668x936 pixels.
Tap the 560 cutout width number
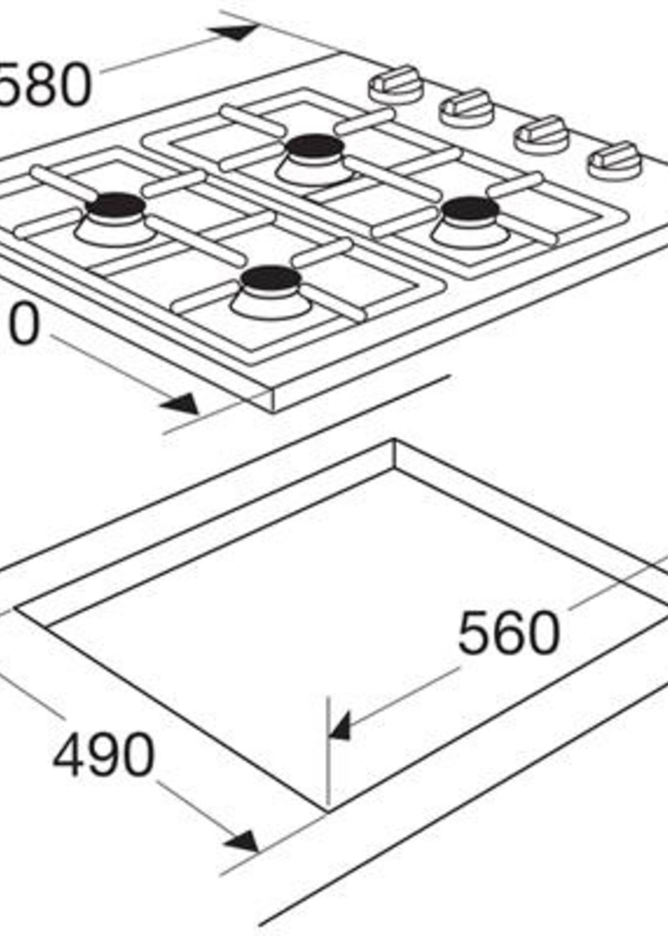(x=508, y=633)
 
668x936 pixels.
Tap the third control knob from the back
(x=541, y=134)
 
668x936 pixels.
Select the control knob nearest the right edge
(x=615, y=160)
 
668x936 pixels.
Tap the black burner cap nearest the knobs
(x=471, y=209)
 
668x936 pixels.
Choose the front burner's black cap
(x=271, y=278)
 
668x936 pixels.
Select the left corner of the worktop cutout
(x=16, y=607)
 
